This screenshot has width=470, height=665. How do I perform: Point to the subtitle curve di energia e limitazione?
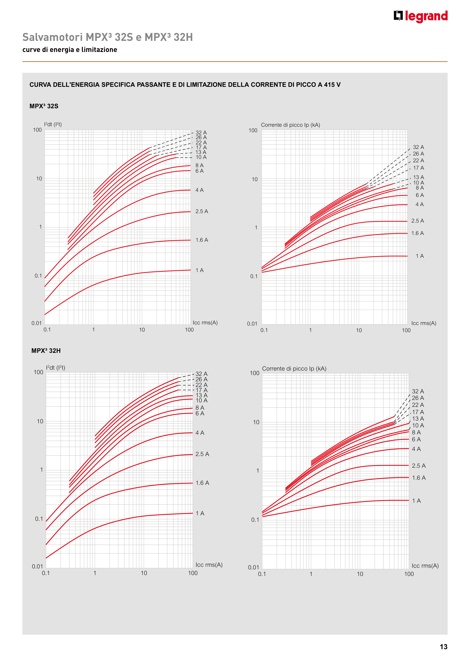(70, 50)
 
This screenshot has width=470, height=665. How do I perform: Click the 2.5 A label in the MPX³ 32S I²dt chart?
(202, 211)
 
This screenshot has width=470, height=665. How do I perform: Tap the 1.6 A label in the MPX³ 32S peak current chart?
(417, 233)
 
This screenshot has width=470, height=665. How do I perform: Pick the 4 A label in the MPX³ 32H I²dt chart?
(200, 433)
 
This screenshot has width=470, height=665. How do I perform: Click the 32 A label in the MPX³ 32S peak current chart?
(418, 147)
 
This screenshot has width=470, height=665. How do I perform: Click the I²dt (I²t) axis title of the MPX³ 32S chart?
(53, 124)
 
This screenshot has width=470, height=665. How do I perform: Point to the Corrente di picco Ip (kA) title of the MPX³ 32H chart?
(294, 369)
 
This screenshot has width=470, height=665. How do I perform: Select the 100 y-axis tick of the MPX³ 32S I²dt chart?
(37, 130)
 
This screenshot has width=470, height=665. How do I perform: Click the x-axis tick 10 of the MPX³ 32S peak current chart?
(359, 330)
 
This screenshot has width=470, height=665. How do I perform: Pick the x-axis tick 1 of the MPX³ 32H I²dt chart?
(95, 573)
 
